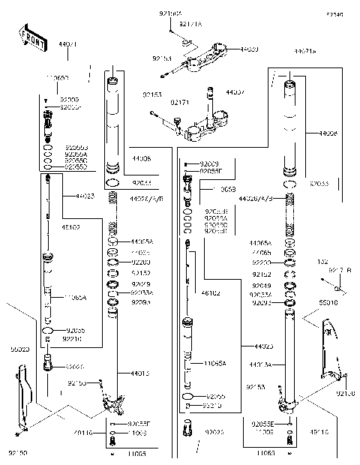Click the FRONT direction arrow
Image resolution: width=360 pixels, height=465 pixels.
pyautogui.click(x=28, y=37)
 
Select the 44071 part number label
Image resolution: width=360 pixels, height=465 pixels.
pyautogui.click(x=67, y=46)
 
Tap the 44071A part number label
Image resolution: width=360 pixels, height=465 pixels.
pyautogui.click(x=304, y=51)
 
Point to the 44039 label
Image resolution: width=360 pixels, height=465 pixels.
pyautogui.click(x=249, y=49)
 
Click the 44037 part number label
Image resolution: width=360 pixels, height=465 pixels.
pyautogui.click(x=235, y=92)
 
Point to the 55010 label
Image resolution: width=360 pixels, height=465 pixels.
pyautogui.click(x=328, y=304)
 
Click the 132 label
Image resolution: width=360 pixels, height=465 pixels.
pyautogui.click(x=323, y=262)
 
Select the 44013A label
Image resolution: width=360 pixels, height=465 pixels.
pyautogui.click(x=260, y=365)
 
